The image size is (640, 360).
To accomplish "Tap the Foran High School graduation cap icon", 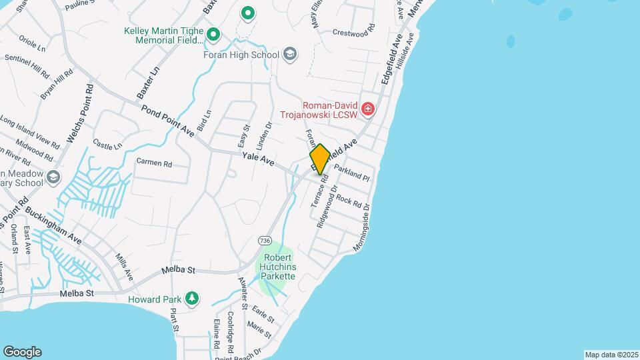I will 289,53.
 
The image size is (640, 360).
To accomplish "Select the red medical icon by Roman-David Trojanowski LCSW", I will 367,109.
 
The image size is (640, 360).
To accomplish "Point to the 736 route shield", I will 265,240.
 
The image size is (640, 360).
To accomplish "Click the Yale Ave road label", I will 258,159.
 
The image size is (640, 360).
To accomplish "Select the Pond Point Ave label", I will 167,121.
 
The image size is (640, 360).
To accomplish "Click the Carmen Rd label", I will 154,163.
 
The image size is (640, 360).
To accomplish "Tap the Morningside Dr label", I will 365,226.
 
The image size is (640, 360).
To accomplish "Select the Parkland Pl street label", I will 351,173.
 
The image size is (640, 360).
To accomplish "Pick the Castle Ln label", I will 107,144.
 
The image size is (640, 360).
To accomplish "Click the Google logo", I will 22,352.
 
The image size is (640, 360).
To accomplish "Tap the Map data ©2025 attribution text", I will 611,355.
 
